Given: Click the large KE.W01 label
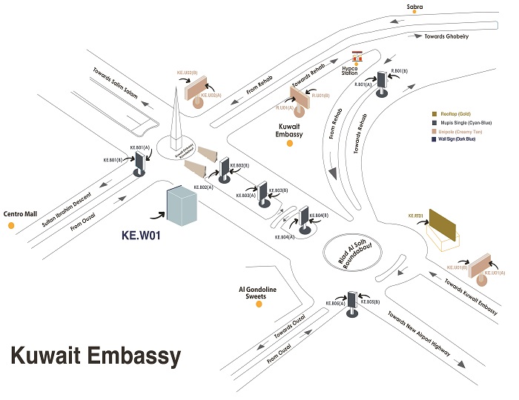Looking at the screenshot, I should point(141,238).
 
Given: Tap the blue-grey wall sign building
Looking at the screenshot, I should point(181,206).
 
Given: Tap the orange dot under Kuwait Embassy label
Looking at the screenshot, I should point(290,143).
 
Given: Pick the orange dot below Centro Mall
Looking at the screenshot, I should point(11,224).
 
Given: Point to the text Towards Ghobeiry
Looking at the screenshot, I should point(447,36).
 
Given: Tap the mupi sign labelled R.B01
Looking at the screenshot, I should point(382,81).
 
